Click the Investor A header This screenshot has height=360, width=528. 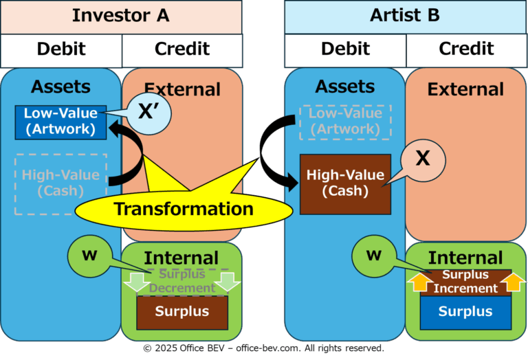pyautogui.click(x=121, y=16)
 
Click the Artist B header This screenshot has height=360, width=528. pyautogui.click(x=405, y=16)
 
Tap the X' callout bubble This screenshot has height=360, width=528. pyautogui.click(x=149, y=113)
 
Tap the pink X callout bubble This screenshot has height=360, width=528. pyautogui.click(x=423, y=161)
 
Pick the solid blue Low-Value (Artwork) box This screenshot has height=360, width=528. pyautogui.click(x=60, y=122)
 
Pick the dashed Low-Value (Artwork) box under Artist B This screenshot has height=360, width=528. pyautogui.click(x=346, y=122)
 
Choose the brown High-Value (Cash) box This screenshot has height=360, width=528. pyautogui.click(x=346, y=184)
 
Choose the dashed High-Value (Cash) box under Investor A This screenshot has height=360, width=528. pyautogui.click(x=61, y=184)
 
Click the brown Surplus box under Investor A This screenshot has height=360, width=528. pyautogui.click(x=182, y=313)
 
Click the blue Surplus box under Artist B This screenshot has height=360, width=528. pyautogui.click(x=465, y=313)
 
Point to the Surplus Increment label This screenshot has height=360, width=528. pyautogui.click(x=465, y=282)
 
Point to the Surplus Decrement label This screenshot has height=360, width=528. pyautogui.click(x=182, y=281)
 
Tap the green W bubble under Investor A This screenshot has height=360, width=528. pyautogui.click(x=90, y=256)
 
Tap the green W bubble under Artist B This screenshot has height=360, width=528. pyautogui.click(x=374, y=256)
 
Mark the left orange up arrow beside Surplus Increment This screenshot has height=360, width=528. pyautogui.click(x=419, y=282)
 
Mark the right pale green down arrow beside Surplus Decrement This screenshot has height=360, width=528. pyautogui.click(x=228, y=282)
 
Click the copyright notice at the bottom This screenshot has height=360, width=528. pyautogui.click(x=264, y=348)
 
